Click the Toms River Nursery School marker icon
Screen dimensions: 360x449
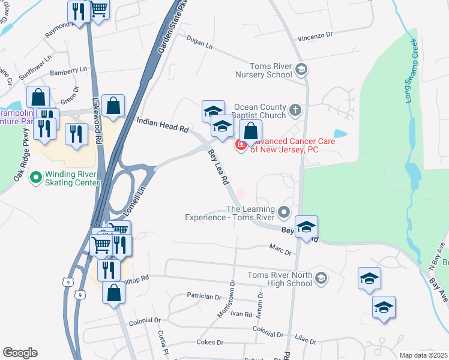click(301, 70)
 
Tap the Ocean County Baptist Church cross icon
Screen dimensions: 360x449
click(295, 110)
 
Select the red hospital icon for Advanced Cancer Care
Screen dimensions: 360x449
click(241, 145)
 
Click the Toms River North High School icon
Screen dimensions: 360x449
click(321, 278)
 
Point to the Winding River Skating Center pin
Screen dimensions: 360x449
click(37, 178)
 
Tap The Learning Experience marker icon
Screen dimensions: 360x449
click(284, 212)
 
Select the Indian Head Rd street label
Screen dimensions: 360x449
click(163, 125)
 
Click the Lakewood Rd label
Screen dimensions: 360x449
click(95, 120)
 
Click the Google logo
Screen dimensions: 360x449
click(20, 353)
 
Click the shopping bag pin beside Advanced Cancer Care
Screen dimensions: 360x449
click(251, 131)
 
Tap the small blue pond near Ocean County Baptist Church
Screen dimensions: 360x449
click(340, 133)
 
